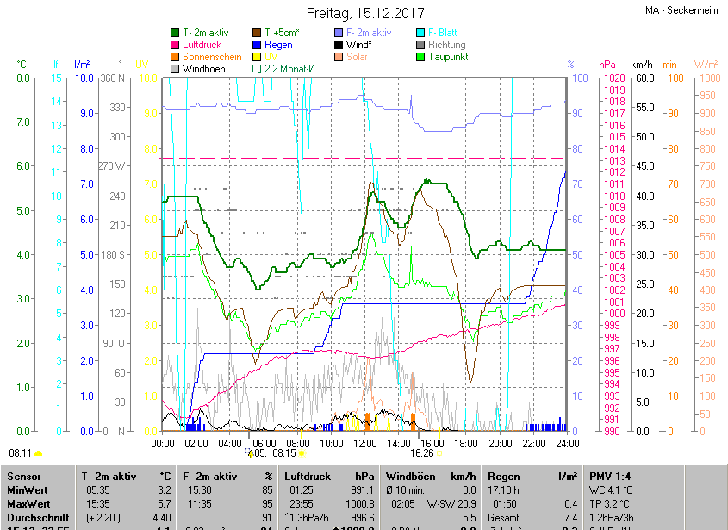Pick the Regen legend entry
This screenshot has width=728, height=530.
(277, 45)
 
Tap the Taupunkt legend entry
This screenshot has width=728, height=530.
(448, 57)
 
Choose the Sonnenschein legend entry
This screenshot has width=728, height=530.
(211, 57)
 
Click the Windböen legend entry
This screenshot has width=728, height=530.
(203, 68)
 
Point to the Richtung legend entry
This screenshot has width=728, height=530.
(446, 45)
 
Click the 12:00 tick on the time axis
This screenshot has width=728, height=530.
(364, 444)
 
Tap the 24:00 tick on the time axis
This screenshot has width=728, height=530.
(566, 444)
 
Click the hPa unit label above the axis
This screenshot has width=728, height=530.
(607, 65)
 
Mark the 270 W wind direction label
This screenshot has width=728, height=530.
(112, 166)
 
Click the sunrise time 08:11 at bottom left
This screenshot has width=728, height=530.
(20, 452)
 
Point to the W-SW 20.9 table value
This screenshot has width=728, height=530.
(451, 503)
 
